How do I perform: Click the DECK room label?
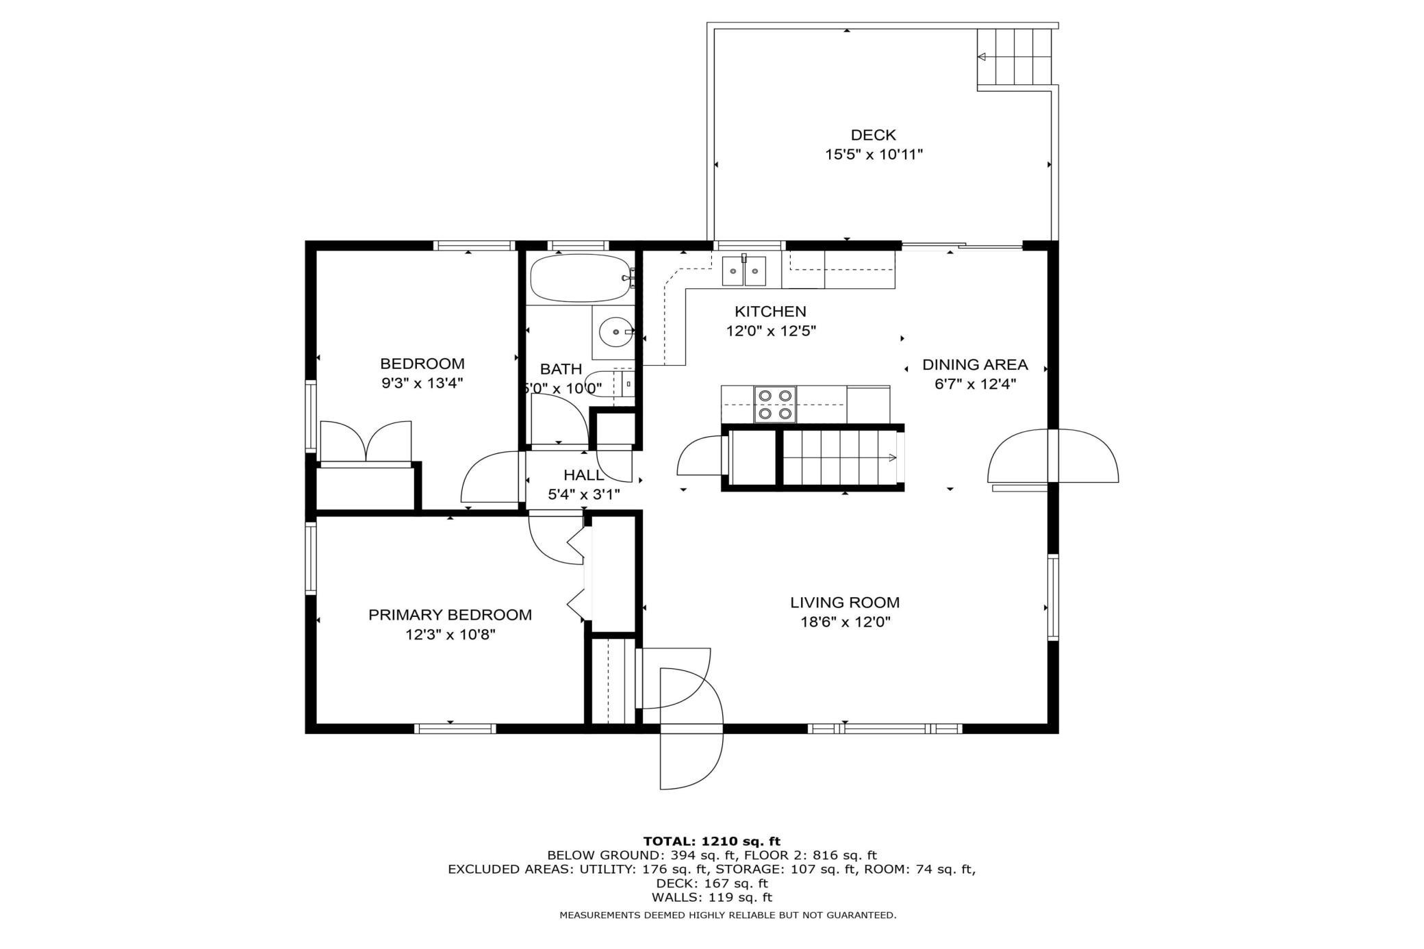point(873,135)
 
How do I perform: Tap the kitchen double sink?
point(744,271)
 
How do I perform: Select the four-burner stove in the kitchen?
point(775,404)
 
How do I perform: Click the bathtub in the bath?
point(581,277)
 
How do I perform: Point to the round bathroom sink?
point(617,332)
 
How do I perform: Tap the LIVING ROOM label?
point(845,603)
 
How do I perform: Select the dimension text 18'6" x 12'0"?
point(845,622)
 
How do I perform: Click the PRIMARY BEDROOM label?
point(450,615)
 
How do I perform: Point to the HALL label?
point(584,475)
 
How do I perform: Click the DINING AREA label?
point(975,365)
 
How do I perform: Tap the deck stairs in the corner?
point(1014,58)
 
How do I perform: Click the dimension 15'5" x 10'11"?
point(874,155)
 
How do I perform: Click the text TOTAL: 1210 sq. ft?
point(712,841)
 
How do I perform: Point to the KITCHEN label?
point(771,312)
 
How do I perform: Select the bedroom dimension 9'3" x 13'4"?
point(422,383)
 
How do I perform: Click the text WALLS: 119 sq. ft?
point(712,898)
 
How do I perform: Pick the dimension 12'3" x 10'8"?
point(450,635)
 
